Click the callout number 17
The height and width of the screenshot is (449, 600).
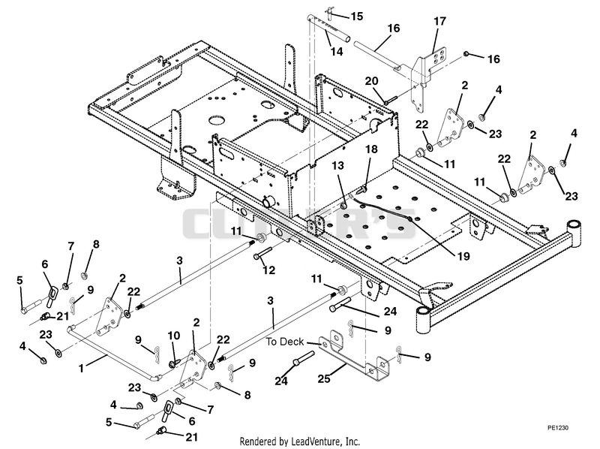tap(439, 21)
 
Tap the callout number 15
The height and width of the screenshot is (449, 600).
tap(357, 17)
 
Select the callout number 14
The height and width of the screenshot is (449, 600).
tap(337, 51)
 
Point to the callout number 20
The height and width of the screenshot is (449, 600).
tap(371, 81)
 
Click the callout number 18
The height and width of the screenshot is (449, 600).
tap(371, 149)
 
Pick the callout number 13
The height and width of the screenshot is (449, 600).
tap(338, 165)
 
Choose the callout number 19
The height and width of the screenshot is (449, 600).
tap(463, 255)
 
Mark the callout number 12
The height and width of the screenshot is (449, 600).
tap(268, 270)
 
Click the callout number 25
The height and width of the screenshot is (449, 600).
tap(324, 378)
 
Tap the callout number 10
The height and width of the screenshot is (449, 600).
tap(174, 336)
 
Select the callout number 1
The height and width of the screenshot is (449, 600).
tap(81, 369)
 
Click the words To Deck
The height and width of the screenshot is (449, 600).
tap(285, 342)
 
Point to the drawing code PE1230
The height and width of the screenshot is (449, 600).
tap(558, 427)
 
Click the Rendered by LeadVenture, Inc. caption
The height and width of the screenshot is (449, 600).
tap(299, 441)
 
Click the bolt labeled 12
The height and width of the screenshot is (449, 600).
tap(262, 253)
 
